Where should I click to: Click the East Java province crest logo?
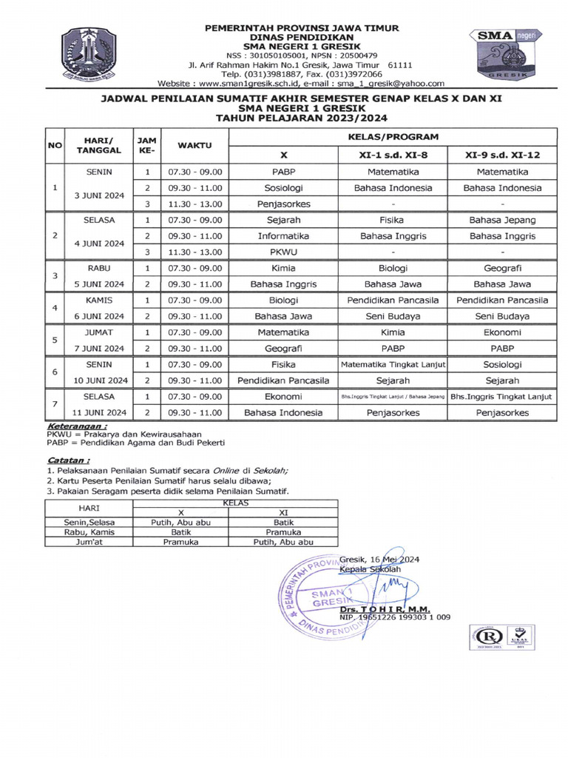click(87, 54)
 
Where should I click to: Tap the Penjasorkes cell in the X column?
click(284, 204)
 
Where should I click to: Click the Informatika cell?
click(284, 236)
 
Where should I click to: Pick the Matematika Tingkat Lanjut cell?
click(393, 364)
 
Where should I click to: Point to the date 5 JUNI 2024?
click(104, 284)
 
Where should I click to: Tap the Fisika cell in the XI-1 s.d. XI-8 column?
click(393, 220)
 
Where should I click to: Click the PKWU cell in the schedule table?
click(284, 252)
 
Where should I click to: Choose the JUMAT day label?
click(104, 332)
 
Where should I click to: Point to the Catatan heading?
click(67, 460)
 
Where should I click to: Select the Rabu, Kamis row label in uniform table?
click(89, 531)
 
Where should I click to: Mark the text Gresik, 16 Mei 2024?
click(379, 560)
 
